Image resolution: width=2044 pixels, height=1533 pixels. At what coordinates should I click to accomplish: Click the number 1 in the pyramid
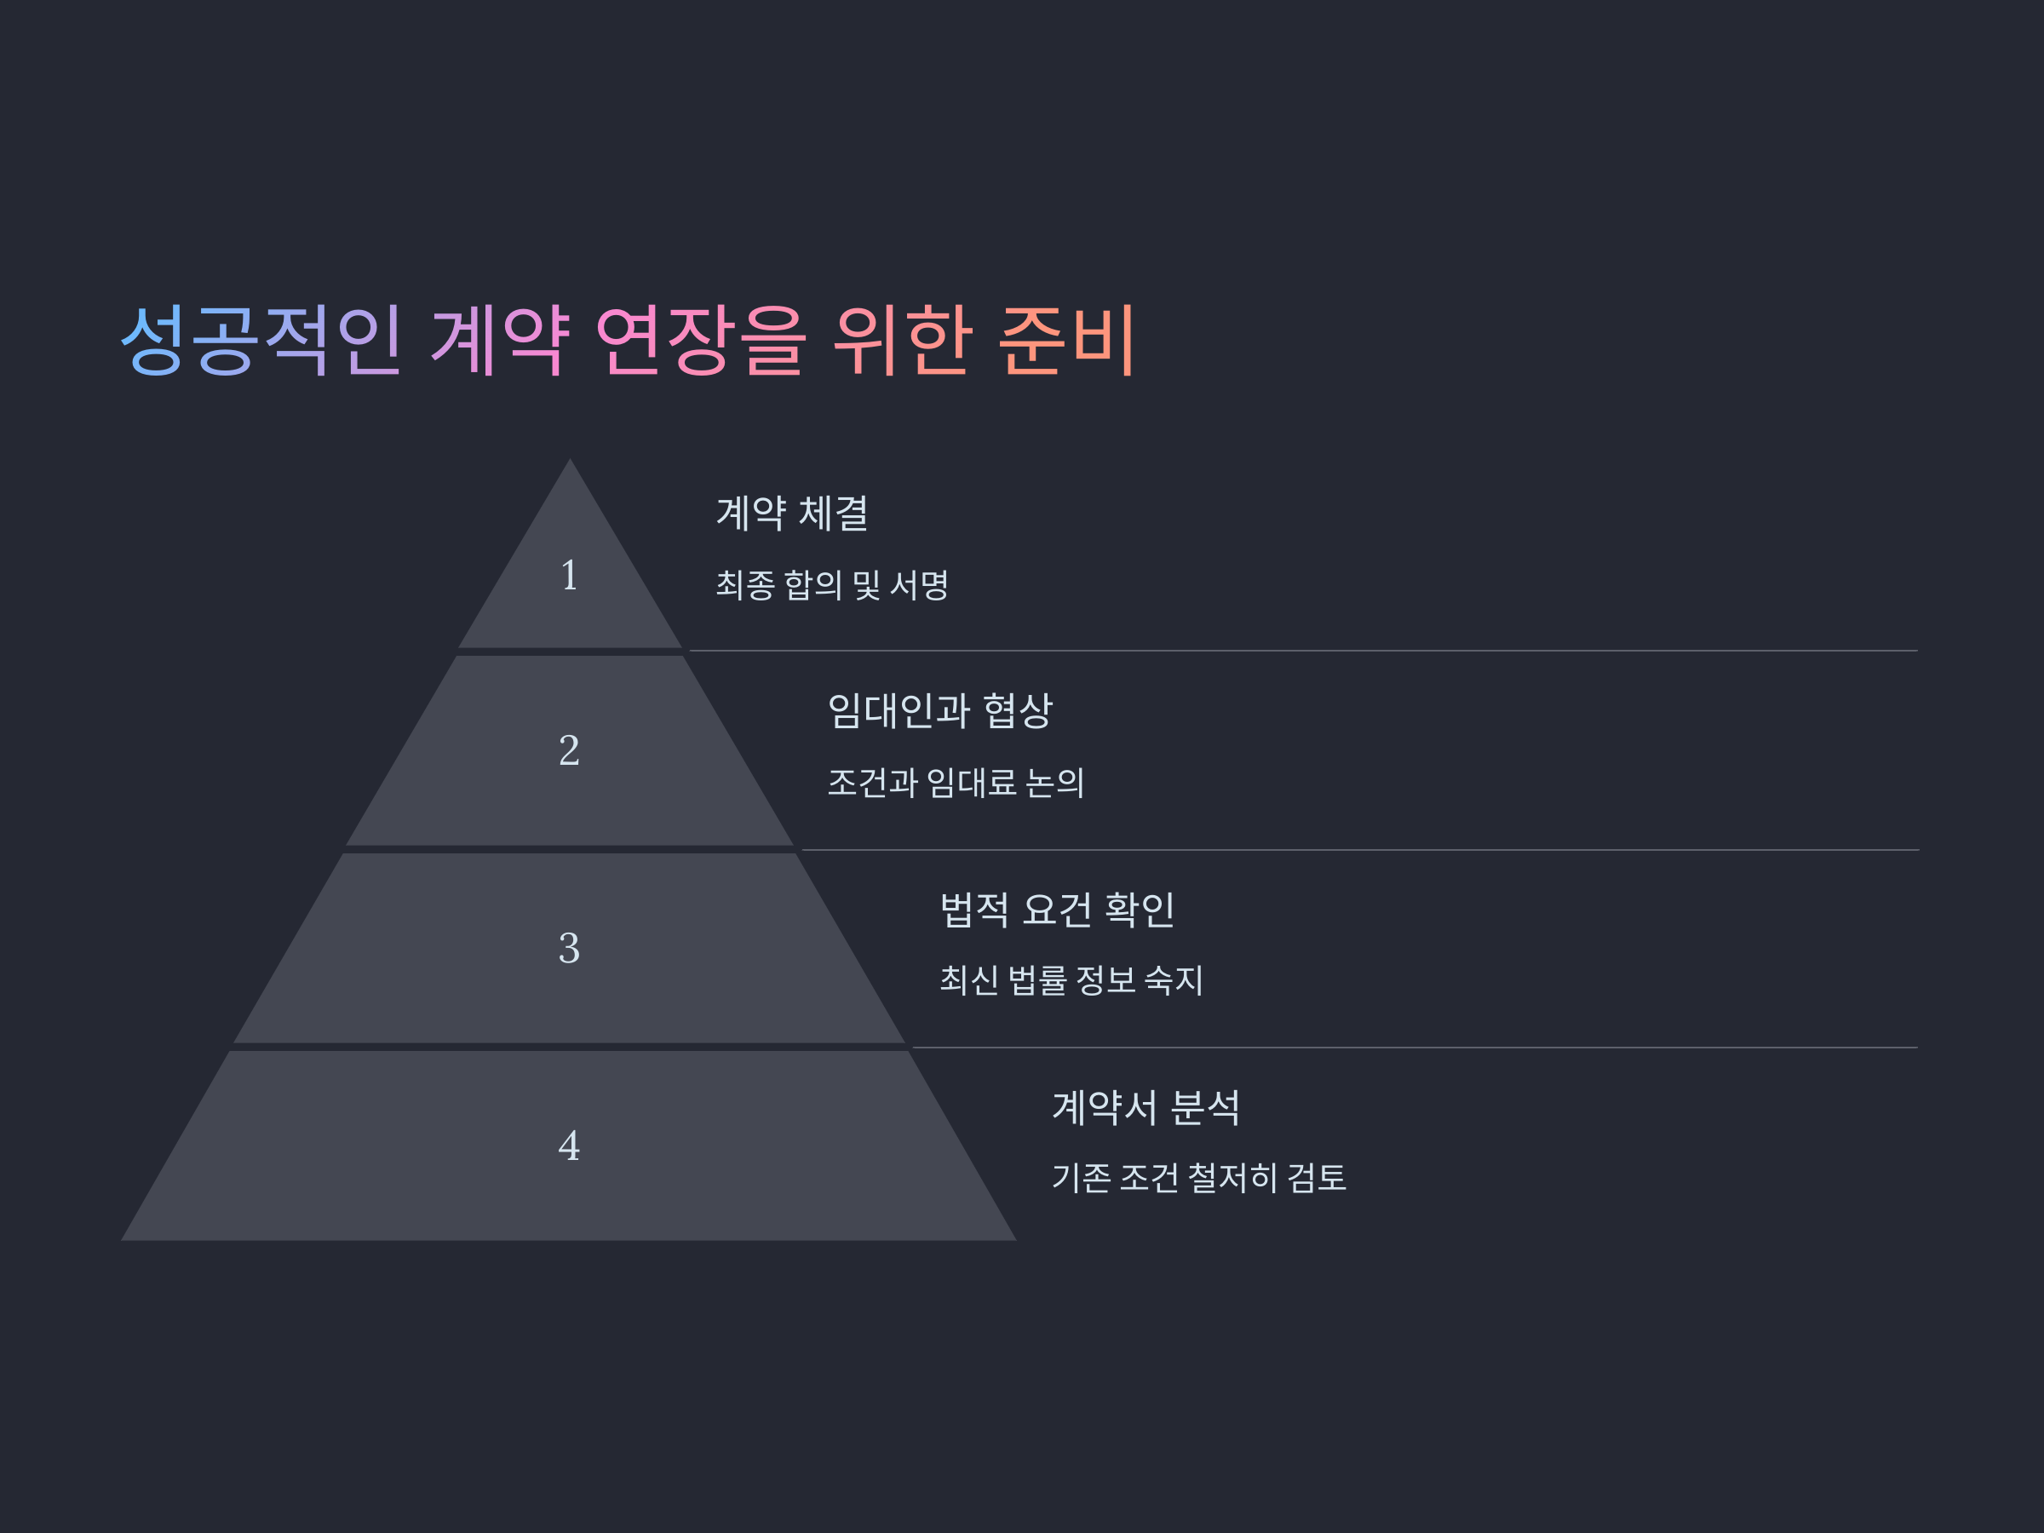[569, 576]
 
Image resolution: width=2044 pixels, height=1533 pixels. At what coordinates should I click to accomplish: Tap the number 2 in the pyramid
[569, 750]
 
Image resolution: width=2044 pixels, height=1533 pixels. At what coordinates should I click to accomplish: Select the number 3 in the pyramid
[569, 948]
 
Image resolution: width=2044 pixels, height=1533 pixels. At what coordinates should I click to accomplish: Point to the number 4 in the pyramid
[569, 1145]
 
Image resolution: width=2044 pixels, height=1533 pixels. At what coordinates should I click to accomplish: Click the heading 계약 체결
[792, 514]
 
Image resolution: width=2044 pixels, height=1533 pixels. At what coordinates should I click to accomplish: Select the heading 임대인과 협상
[939, 710]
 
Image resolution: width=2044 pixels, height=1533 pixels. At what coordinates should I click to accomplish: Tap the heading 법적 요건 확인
[1057, 910]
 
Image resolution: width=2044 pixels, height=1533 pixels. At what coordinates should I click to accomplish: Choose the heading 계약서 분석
[1145, 1107]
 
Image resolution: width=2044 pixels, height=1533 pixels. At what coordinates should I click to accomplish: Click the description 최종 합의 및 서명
[831, 585]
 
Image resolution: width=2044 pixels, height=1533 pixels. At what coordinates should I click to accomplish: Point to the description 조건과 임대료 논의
[956, 783]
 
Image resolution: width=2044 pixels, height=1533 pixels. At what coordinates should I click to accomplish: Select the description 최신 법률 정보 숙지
[1071, 980]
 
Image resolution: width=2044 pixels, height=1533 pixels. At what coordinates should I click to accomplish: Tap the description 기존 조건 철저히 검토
[1198, 1178]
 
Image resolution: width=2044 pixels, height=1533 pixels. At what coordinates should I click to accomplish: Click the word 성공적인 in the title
[261, 339]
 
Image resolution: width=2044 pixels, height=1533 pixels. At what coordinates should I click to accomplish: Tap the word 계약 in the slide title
[500, 339]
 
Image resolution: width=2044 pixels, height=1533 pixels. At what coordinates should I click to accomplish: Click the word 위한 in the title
[902, 339]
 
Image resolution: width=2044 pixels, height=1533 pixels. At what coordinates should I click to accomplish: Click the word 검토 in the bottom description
[1317, 1178]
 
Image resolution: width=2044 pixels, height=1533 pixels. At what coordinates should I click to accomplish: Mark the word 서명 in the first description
[918, 585]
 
